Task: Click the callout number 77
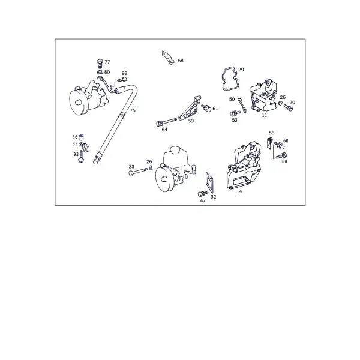(107, 62)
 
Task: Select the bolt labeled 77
(100, 64)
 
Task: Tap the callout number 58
(181, 61)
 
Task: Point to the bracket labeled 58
(168, 58)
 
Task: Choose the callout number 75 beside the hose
(133, 110)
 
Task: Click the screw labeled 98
(122, 80)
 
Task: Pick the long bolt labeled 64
(166, 122)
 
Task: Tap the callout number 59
(191, 121)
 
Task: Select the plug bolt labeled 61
(206, 108)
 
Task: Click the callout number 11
(265, 115)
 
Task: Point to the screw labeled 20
(289, 107)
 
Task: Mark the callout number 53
(235, 120)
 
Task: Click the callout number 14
(239, 191)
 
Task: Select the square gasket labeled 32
(209, 182)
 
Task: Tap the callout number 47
(203, 200)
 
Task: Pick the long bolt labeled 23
(138, 172)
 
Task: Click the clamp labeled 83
(85, 147)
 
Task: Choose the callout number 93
(76, 155)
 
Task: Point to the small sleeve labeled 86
(81, 137)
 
